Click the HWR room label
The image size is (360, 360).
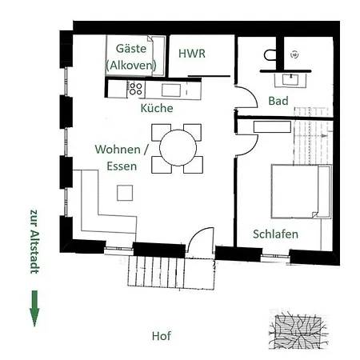pos(192,54)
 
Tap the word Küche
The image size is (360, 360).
pos(157,108)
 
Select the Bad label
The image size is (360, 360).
pos(278,101)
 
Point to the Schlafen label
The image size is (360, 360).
pos(275,234)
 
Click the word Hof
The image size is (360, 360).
pos(162,336)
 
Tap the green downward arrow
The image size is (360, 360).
pos(34,308)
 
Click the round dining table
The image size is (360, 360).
pos(178,148)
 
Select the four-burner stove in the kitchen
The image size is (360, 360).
pos(135,89)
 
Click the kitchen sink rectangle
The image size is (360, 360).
pos(171,90)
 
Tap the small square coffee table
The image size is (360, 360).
pos(125,193)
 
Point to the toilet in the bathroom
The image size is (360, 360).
pos(270,55)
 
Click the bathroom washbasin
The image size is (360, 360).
pos(290,80)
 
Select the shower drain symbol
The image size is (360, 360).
pos(294,54)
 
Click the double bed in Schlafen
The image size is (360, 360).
pos(302,191)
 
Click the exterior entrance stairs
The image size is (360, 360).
pos(171,271)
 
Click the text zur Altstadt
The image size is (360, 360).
pos(35,242)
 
